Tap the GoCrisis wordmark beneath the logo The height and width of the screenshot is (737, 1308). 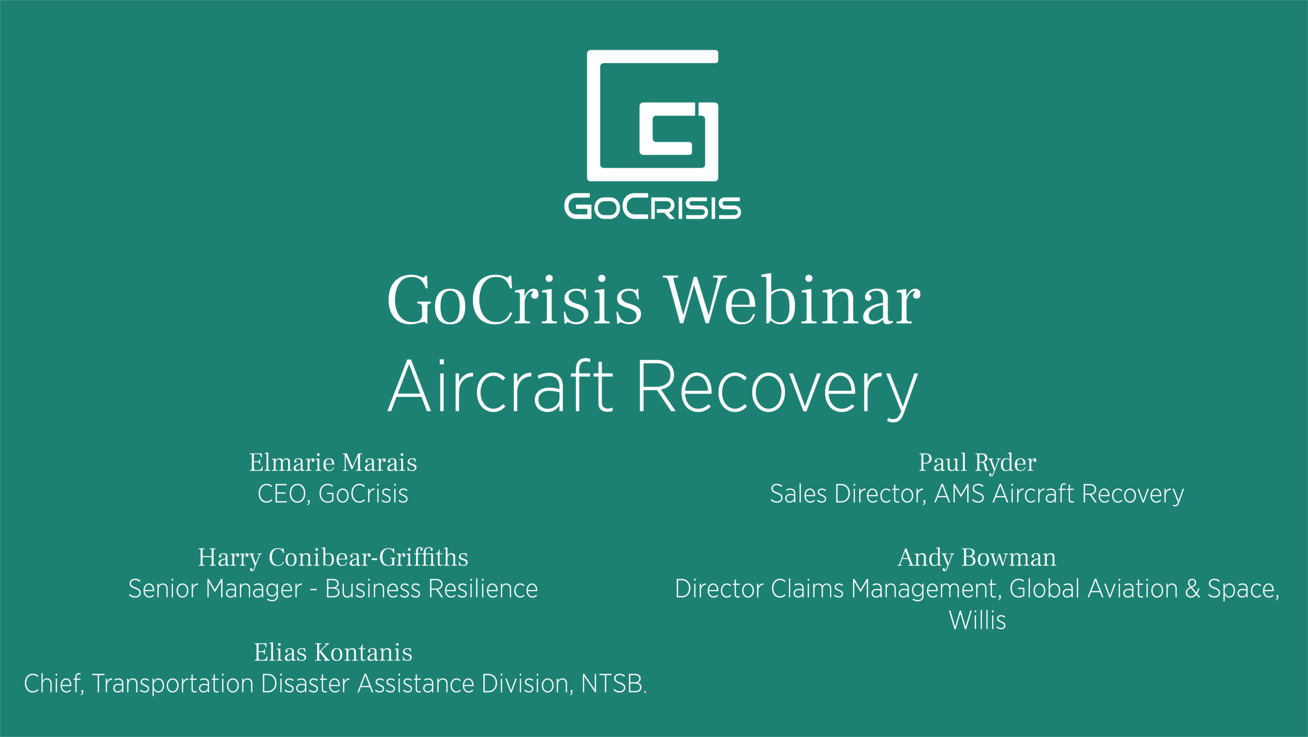652,207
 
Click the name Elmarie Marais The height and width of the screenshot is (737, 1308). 333,462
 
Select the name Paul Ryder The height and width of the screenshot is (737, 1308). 977,463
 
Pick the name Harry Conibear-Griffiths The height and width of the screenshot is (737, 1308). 333,558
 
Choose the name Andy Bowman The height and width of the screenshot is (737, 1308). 977,557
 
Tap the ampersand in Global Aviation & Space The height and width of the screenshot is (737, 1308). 1193,588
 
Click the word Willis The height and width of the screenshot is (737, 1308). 977,620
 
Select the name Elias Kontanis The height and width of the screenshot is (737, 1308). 333,652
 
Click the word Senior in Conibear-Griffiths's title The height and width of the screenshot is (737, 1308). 163,588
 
